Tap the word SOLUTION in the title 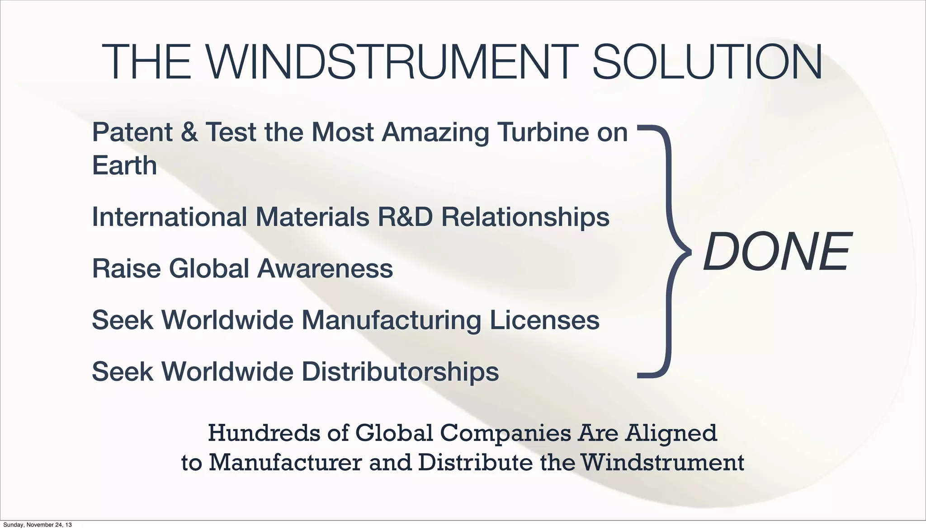(x=707, y=62)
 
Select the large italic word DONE (x=776, y=252)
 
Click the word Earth (x=124, y=165)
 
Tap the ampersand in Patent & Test (x=189, y=132)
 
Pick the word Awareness (x=325, y=268)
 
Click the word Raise (x=126, y=268)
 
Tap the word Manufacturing (x=391, y=321)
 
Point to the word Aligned (x=671, y=434)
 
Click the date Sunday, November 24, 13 (x=36, y=525)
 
